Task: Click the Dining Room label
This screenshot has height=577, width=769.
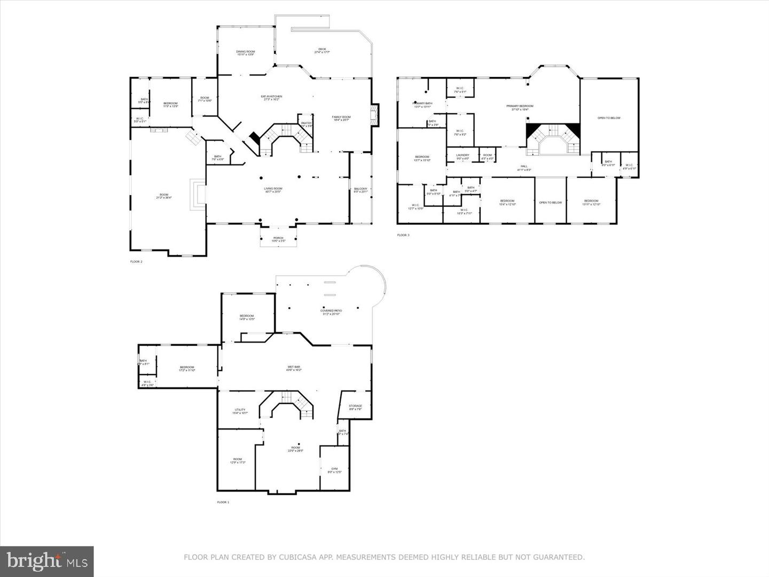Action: coord(246,52)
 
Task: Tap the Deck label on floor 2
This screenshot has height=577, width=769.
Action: coord(322,50)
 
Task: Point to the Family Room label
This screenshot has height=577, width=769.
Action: coord(341,118)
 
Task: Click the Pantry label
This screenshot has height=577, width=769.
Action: coord(306,123)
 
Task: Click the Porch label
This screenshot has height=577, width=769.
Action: coord(278,239)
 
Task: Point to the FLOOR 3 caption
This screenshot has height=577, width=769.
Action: coord(403,235)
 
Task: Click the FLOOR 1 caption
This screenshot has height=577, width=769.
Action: coord(223,502)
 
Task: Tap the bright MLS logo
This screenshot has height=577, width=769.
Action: coord(46,561)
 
